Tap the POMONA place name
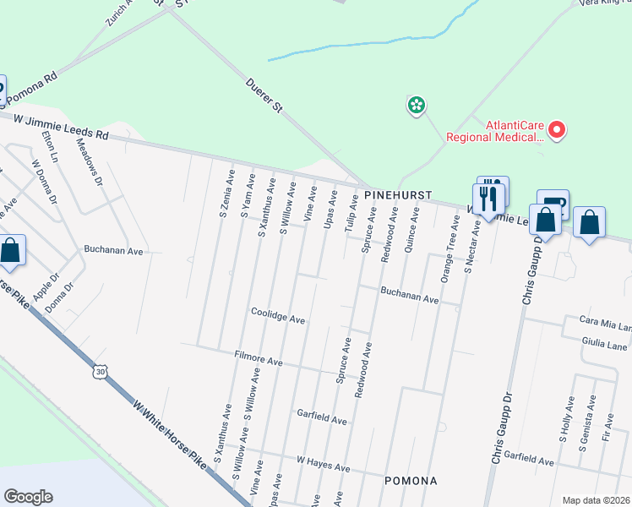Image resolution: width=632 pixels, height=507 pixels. (x=410, y=481)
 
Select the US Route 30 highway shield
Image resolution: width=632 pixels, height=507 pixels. (x=101, y=371)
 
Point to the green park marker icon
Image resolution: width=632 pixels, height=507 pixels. (x=416, y=106)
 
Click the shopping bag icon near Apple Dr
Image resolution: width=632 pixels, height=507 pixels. (x=10, y=251)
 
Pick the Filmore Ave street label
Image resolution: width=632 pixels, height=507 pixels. (x=258, y=361)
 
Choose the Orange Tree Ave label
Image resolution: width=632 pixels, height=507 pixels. (x=447, y=257)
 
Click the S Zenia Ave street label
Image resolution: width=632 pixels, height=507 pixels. (x=226, y=194)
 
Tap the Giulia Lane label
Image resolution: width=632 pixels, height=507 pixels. (x=603, y=345)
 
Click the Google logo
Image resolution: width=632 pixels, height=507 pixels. (x=28, y=497)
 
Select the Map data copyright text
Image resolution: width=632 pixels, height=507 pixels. (x=596, y=499)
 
